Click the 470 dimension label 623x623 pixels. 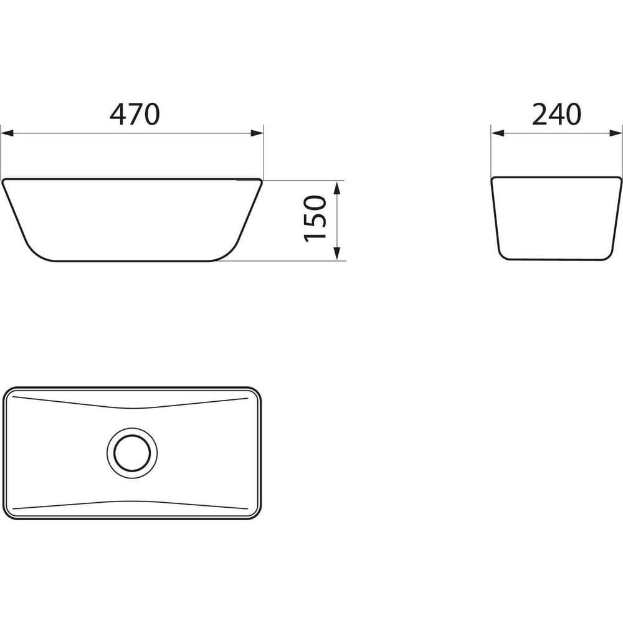135,114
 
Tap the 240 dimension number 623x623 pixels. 556,114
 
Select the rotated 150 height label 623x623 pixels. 315,218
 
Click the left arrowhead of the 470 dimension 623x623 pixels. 7,133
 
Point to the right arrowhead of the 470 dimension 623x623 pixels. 257,133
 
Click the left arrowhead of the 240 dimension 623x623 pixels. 498,133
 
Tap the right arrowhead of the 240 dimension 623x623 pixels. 616,133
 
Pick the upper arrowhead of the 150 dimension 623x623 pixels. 337,188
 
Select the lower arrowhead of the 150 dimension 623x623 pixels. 337,254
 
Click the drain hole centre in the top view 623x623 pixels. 132,453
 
